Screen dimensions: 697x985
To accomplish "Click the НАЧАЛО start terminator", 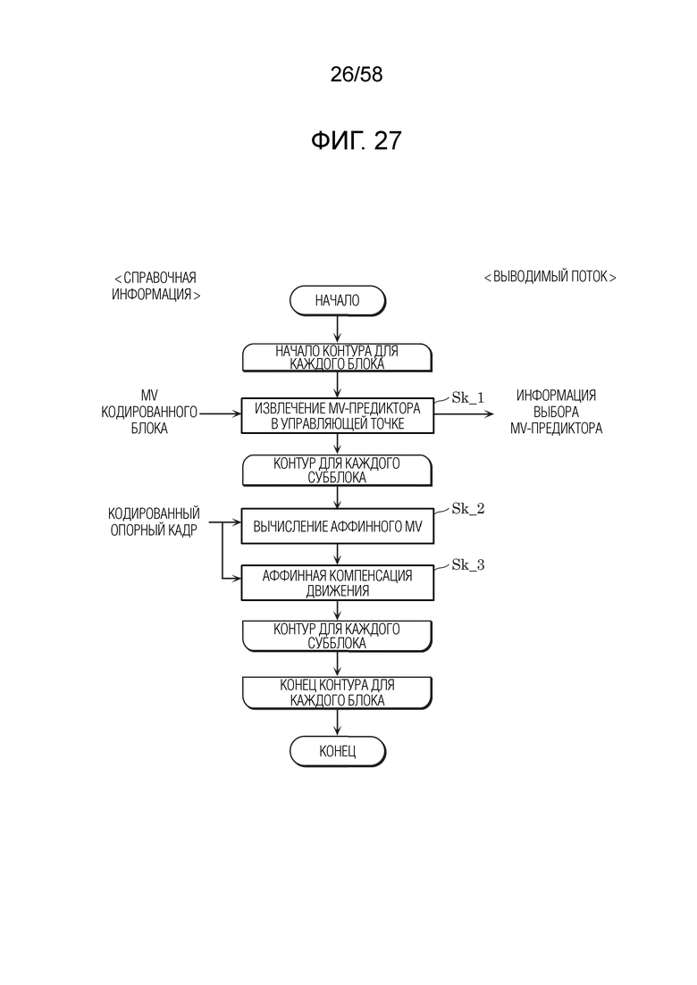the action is click(x=338, y=301).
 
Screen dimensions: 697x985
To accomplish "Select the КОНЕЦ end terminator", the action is click(x=338, y=751).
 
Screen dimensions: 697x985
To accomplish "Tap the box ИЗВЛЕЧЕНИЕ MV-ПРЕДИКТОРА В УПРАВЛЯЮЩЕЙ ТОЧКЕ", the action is click(x=338, y=416).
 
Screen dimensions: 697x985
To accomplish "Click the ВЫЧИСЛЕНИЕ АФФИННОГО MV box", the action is click(x=338, y=526).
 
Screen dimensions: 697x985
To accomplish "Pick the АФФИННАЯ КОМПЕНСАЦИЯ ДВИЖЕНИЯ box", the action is click(x=338, y=582).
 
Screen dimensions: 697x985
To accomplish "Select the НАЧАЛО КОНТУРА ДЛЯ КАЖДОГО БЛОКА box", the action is click(x=338, y=357).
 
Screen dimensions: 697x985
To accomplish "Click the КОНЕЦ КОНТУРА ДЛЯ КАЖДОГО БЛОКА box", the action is click(x=338, y=693).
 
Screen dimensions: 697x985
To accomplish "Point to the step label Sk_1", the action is click(x=468, y=397).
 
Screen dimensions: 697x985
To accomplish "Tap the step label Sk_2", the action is click(x=468, y=509).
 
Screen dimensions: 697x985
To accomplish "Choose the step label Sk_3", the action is click(x=468, y=564).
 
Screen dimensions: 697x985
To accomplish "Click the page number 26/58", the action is click(x=357, y=75).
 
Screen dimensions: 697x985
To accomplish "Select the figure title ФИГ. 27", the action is click(x=357, y=141).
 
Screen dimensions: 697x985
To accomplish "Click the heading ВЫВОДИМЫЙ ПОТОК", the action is click(x=550, y=277).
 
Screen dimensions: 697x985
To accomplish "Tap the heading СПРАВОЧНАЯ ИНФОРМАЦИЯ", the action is click(x=155, y=286).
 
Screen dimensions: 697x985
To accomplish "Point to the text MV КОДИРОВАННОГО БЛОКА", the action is click(x=149, y=412).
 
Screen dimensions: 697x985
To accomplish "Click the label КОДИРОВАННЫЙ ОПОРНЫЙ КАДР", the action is click(x=154, y=522).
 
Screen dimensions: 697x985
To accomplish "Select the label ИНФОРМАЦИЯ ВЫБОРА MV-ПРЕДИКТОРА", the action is click(x=556, y=412).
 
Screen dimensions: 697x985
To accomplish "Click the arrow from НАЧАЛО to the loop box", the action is click(x=338, y=330).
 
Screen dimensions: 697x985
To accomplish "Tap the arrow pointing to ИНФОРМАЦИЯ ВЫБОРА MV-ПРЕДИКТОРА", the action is click(x=465, y=413).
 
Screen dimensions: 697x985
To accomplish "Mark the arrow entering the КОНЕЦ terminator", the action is click(x=338, y=722).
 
